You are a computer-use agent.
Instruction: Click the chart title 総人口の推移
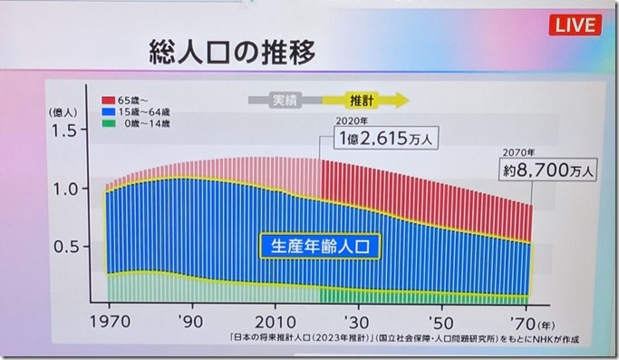click(x=227, y=51)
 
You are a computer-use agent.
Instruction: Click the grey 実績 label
click(x=285, y=100)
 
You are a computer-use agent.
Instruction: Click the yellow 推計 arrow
click(x=371, y=100)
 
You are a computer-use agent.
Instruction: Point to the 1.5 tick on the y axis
click(x=65, y=131)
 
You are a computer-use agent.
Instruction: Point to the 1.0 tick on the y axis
click(x=65, y=190)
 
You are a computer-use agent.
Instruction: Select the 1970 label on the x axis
click(x=111, y=321)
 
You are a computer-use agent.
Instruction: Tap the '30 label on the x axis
click(x=360, y=321)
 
